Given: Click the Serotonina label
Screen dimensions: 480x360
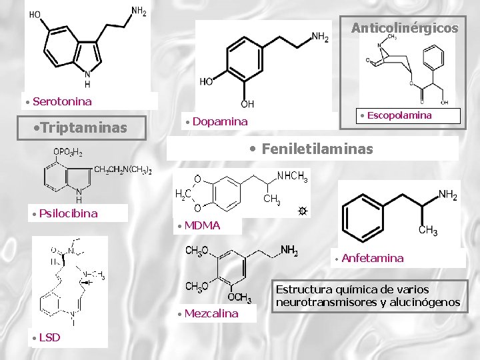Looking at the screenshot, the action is (x=62, y=101).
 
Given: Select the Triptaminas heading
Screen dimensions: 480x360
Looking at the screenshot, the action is (x=83, y=127).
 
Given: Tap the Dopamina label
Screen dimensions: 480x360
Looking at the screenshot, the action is (x=220, y=121).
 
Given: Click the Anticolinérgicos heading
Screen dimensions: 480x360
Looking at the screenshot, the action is (x=405, y=28).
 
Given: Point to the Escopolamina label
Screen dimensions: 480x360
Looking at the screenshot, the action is (x=399, y=115).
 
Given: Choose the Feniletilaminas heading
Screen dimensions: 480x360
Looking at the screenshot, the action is (x=317, y=149).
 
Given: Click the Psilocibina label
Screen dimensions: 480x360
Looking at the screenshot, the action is (x=68, y=213).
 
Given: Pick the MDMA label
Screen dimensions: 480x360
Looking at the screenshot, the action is (x=202, y=225).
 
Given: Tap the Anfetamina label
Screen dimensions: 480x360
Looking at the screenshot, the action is (x=372, y=258).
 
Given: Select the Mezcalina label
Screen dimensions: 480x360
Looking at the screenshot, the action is (x=211, y=313).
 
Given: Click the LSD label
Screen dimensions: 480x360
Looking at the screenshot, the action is (x=49, y=337).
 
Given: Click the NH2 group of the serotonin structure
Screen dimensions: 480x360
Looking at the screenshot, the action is (x=139, y=11).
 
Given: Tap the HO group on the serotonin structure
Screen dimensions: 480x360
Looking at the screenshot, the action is (x=35, y=14).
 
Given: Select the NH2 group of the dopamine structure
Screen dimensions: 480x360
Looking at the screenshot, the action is (x=320, y=37).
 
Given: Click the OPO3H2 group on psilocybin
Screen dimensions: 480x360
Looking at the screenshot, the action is (x=68, y=153).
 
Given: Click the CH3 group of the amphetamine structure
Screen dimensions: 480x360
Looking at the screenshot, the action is (x=427, y=231).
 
